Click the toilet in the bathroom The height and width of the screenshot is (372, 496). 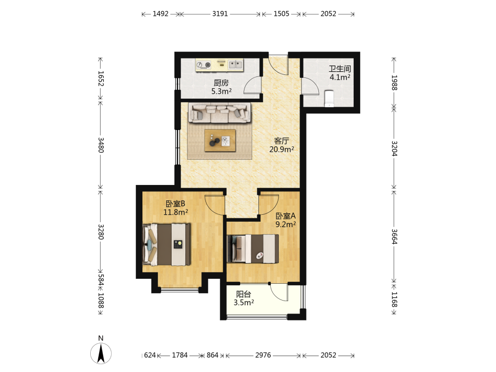pos(329,98)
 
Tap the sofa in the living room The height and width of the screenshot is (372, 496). pos(220,113)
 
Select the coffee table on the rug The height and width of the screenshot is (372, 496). pos(220,140)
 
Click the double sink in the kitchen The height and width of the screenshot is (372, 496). pos(235,65)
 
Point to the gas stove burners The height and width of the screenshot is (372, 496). pos(203,65)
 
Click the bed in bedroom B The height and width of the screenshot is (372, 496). pos(167,245)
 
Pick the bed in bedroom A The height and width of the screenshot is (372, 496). pos(253,248)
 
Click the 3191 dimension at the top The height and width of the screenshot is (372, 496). pos(220,13)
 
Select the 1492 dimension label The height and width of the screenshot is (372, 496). pos(160,13)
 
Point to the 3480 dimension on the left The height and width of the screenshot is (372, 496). pos(101,145)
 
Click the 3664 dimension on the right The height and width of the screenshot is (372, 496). pos(394,237)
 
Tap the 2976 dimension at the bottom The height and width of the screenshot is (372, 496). pos(263,355)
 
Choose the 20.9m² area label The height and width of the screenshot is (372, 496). pos(282,149)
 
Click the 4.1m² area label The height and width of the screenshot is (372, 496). pos(340,77)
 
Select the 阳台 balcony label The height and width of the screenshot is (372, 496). pos(244,294)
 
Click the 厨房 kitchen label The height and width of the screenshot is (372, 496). pos(221,83)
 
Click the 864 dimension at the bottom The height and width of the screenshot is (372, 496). pos(212,355)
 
